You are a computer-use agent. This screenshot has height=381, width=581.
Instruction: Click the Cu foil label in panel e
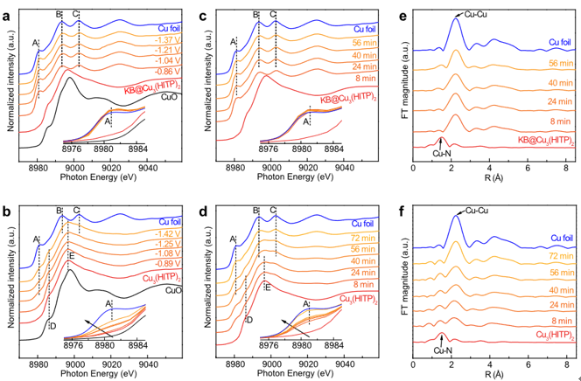(557, 41)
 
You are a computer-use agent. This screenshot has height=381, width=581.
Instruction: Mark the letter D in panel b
(53, 326)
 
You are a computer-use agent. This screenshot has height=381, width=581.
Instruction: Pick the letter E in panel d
(268, 287)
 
